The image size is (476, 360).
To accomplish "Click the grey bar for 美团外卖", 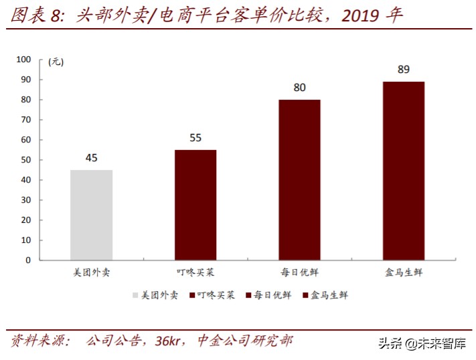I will point(91,215).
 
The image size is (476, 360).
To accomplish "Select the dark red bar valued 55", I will point(195,205).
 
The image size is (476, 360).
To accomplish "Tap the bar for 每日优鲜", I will point(299,179).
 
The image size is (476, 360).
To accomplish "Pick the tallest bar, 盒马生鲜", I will point(404,171).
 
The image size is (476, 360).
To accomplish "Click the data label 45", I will point(91,158).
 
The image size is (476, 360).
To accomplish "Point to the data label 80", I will point(299,88).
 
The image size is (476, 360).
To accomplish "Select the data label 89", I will point(404,70).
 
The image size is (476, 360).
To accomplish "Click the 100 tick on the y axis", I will point(24,60).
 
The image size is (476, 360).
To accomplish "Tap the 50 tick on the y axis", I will point(27,160).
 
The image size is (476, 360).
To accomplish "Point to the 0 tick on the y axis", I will point(29,260).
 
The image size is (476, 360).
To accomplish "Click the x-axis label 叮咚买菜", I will point(195,272).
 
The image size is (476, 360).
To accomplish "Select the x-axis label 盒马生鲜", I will point(404,272).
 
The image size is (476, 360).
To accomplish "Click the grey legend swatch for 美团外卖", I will point(135,294).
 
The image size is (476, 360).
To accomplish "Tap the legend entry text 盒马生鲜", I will point(329,294).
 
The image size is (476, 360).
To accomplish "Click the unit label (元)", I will point(56,62).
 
